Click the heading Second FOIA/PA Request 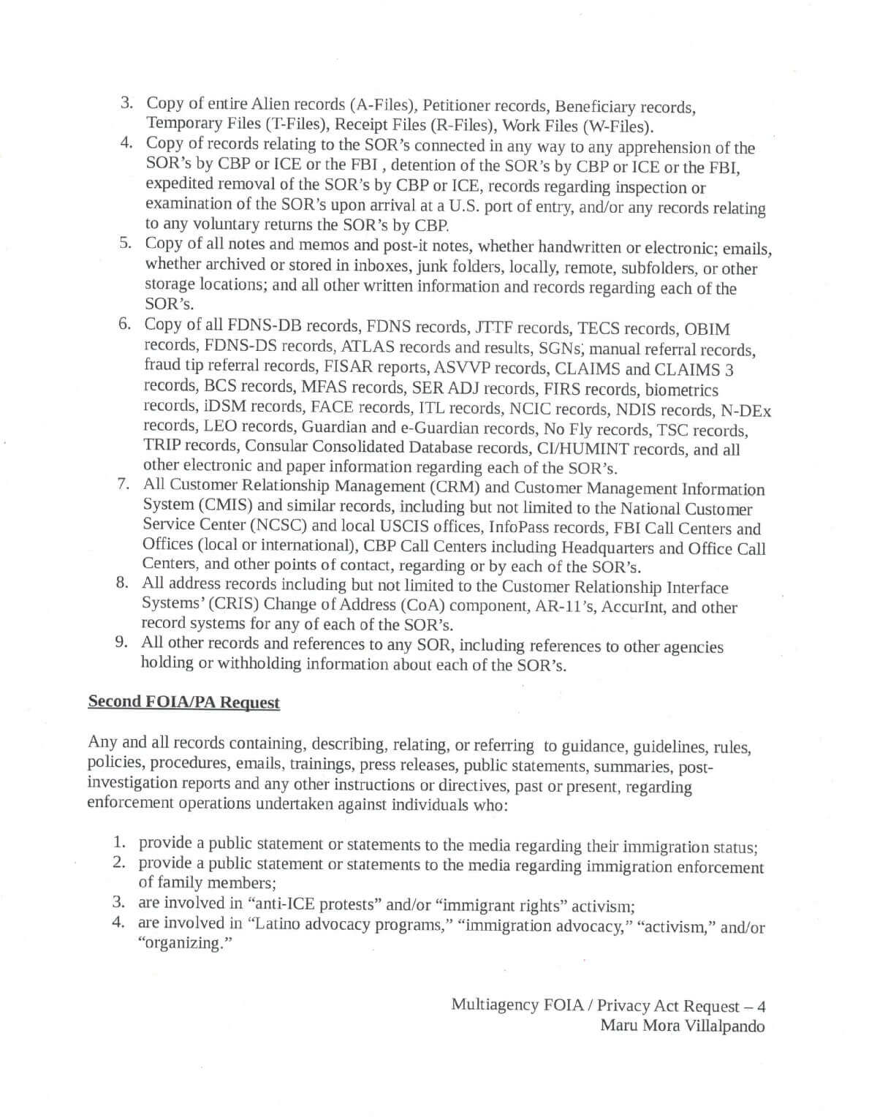click(183, 702)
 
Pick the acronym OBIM click(707, 330)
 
